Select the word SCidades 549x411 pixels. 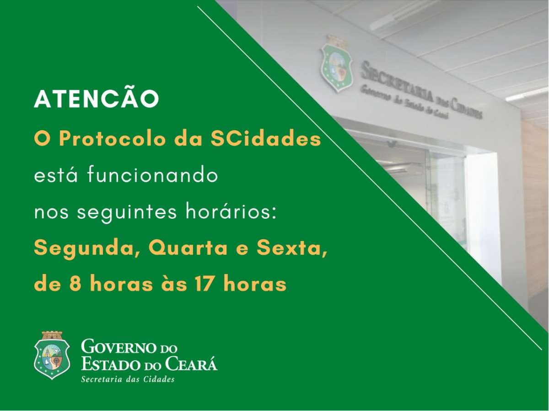266,138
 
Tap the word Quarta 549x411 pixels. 188,249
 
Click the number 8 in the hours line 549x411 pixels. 75,284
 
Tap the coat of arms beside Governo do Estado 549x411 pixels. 52,355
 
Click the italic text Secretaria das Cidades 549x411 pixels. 128,379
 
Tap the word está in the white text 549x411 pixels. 56,175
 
